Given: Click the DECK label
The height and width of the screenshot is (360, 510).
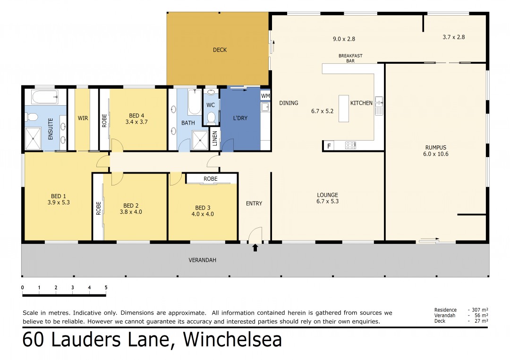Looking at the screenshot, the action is point(220,50).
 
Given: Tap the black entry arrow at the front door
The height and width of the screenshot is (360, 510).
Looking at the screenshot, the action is point(255,248).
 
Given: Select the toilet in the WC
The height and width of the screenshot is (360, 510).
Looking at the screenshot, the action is point(212,117).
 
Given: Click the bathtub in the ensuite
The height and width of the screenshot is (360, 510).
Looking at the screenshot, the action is point(45,97).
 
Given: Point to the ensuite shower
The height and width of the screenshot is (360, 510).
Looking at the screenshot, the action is point(33,139).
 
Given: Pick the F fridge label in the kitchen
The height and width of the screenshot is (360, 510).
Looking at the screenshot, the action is point(329,146).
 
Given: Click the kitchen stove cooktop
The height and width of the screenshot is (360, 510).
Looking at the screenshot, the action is point(350,145).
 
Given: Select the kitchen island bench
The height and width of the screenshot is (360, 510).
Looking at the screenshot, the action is point(343,109).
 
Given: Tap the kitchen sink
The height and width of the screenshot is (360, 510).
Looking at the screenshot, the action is point(379,106).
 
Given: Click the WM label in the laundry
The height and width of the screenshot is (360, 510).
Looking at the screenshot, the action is point(265,96).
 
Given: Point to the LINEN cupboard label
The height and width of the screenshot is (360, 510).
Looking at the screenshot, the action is point(215,138).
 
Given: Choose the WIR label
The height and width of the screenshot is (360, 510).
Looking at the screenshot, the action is point(83,118).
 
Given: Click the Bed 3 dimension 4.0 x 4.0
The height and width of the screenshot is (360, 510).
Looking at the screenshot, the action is point(203,214).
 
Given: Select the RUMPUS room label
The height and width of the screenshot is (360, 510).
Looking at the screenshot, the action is point(436,148).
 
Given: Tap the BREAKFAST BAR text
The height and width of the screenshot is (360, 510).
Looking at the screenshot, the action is point(350,58).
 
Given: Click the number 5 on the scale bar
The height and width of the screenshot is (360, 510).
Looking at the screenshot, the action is point(106,287).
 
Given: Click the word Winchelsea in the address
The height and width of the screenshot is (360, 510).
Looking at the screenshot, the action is point(232,340).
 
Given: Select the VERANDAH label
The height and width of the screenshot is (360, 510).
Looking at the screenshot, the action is point(202,260).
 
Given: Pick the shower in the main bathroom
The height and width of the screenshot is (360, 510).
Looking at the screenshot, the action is point(200,140).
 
